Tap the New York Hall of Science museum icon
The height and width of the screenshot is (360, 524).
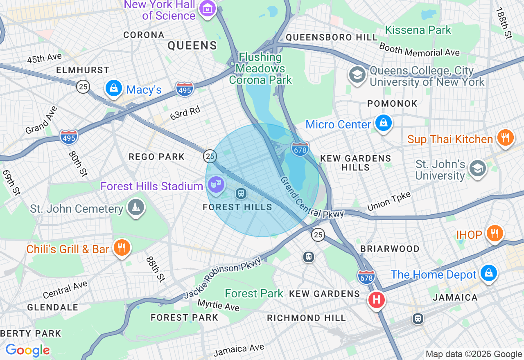click(208, 8)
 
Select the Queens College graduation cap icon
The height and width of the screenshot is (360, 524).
click(357, 75)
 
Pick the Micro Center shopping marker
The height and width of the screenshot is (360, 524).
click(384, 123)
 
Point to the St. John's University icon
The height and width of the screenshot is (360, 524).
click(477, 169)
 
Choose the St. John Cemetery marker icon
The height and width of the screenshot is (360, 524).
click(136, 207)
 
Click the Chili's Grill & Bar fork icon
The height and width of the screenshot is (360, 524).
click(122, 248)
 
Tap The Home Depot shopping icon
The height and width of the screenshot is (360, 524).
click(488, 273)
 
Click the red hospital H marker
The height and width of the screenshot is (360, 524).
click(377, 300)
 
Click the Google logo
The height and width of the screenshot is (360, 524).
click(27, 350)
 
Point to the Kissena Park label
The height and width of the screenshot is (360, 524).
click(418, 30)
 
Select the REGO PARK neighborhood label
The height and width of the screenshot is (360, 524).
click(157, 157)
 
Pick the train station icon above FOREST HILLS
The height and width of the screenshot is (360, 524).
click(241, 193)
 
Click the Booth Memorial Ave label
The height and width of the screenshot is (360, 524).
click(420, 49)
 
